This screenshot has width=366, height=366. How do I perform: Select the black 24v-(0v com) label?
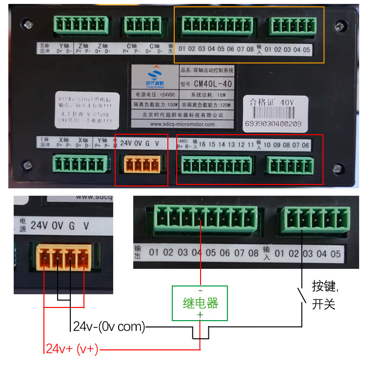point(109,326)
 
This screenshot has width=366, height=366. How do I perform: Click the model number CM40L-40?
point(213,83)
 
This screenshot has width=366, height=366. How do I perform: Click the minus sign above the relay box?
point(200,290)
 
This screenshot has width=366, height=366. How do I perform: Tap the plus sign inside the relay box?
point(200,315)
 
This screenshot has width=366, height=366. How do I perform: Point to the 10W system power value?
point(221,94)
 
